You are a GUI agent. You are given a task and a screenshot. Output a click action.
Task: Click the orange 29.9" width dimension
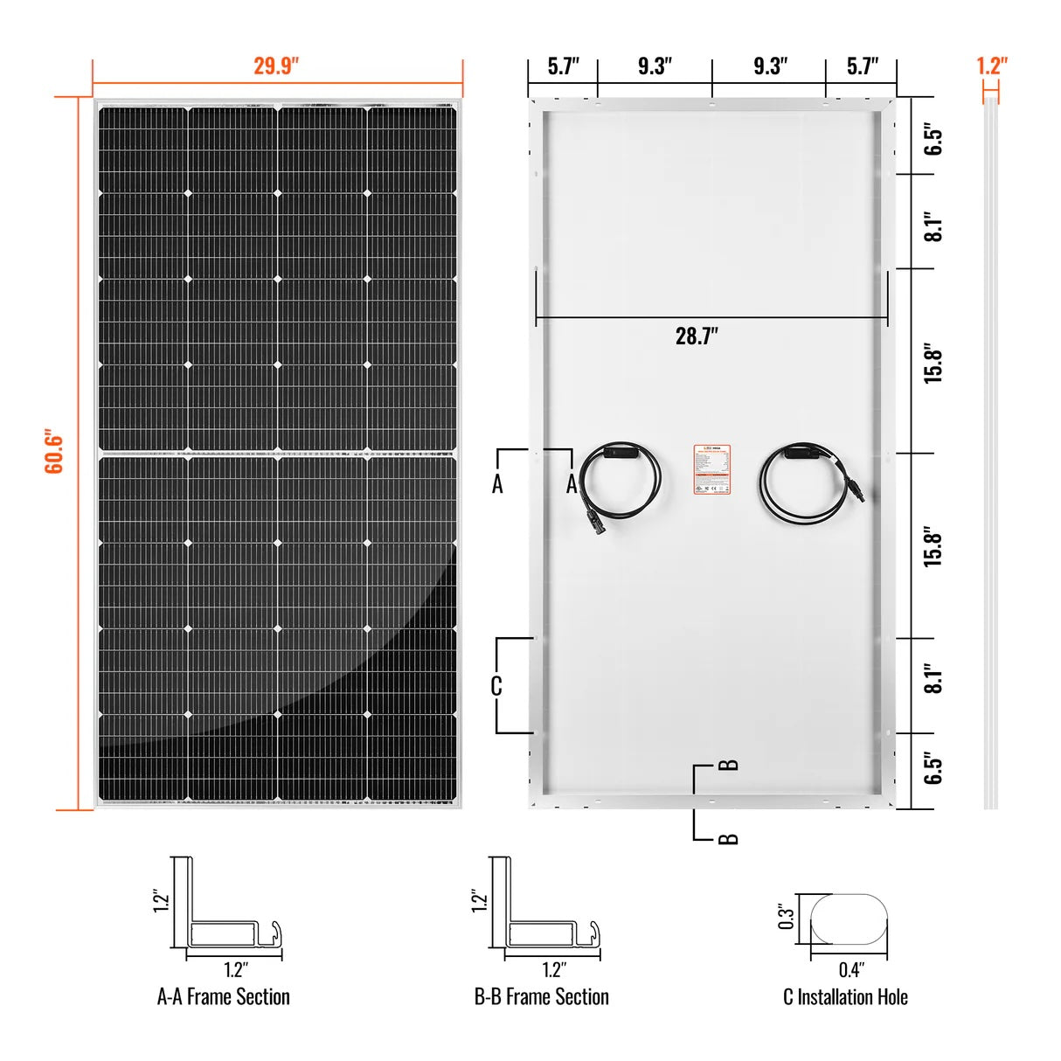[x=276, y=66]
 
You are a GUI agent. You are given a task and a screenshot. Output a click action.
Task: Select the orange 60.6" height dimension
[x=54, y=452]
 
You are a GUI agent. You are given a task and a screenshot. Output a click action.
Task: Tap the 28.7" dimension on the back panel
[x=697, y=336]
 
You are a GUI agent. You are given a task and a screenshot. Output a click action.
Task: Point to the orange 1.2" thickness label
[x=991, y=66]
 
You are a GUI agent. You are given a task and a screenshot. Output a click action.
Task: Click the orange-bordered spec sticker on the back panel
[x=711, y=469]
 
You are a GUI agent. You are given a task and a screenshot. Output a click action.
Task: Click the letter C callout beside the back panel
[x=496, y=686]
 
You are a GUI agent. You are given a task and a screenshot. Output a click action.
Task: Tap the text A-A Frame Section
[x=223, y=997]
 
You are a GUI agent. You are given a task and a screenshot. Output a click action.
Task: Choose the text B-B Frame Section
[x=541, y=997]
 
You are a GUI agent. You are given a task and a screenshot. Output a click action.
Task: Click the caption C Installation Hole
[x=845, y=997]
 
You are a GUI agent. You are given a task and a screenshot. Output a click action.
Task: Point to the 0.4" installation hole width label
[x=849, y=969]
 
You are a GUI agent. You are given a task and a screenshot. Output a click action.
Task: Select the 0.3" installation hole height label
[x=787, y=916]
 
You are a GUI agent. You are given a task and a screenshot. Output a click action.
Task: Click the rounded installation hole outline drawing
[x=849, y=919]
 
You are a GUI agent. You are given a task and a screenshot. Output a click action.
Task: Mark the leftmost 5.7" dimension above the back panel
[x=563, y=66]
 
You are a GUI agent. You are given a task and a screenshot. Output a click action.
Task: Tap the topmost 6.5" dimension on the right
[x=933, y=140]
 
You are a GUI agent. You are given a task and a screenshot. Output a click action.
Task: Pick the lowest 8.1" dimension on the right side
[x=933, y=678]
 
